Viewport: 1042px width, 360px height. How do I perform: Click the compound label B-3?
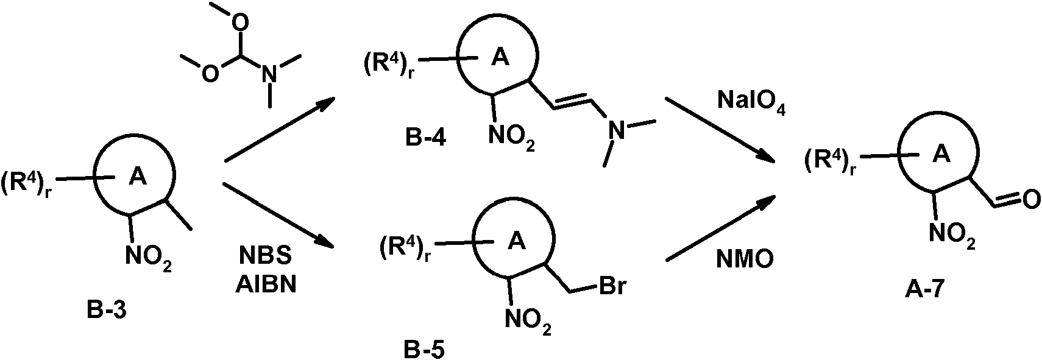point(107,310)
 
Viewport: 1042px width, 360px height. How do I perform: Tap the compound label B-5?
point(424,349)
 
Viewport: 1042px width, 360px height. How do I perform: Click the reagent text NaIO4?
point(752,101)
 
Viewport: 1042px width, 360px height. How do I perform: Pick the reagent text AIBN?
point(266,284)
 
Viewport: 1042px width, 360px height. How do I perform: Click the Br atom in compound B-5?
point(612,286)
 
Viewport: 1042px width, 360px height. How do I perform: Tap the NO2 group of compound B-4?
point(511,136)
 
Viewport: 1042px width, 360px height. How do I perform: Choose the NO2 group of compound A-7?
point(952,233)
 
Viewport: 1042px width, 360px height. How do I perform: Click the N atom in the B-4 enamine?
point(618,130)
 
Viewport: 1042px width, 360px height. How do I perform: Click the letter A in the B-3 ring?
point(137,177)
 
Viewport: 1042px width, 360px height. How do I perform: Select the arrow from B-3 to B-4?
point(280,130)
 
